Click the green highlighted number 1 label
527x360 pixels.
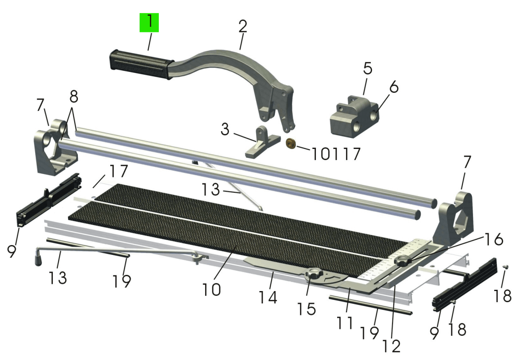click(149, 23)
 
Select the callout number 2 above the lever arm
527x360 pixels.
click(243, 26)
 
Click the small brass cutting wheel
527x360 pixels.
click(291, 144)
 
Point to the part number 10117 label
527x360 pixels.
click(336, 154)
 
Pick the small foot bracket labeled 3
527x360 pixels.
click(263, 142)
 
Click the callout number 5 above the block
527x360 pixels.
click(368, 69)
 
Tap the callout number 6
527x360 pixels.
click(394, 87)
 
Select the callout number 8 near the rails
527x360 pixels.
click(74, 97)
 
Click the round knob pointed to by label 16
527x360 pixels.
click(403, 261)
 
